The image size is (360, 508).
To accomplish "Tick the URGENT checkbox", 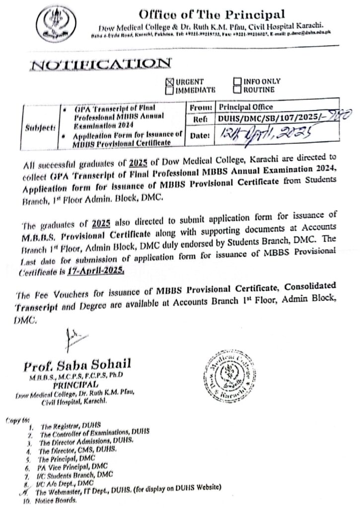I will click(x=171, y=82).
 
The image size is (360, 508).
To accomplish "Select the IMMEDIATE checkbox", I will click(x=170, y=90).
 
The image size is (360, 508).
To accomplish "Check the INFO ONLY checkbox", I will click(x=236, y=81).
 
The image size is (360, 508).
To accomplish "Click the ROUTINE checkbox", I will click(x=236, y=89).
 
